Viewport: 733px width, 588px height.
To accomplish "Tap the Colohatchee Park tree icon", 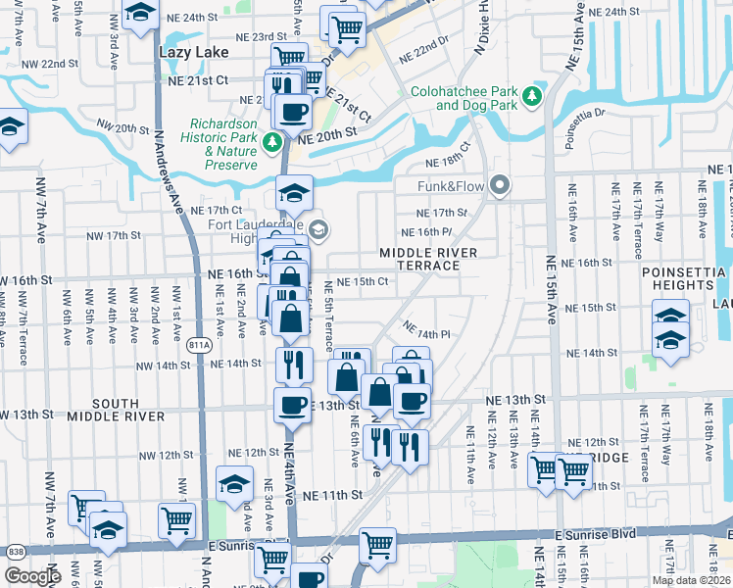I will (x=532, y=95).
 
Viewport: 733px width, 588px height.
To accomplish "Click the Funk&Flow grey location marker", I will (x=501, y=184).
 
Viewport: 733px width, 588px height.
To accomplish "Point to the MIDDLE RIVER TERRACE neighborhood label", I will (x=428, y=260).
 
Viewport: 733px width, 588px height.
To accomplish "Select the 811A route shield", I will (x=197, y=344).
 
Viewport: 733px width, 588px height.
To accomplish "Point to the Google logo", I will (x=32, y=576).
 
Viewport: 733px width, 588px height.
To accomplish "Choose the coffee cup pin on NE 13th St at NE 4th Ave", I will (x=292, y=403).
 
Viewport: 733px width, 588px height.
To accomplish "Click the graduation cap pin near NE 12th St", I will (x=234, y=484).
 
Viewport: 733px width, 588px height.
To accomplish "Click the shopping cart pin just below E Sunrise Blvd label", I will (x=377, y=545).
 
